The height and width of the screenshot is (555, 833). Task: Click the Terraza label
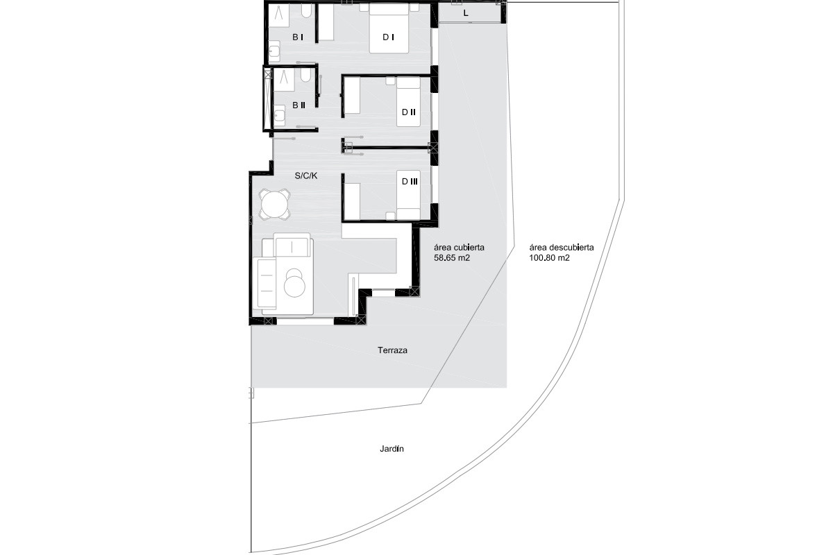coord(392,350)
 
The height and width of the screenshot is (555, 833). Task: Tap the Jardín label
coord(392,449)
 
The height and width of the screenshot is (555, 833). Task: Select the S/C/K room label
coord(305,176)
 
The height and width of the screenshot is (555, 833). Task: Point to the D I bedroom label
coord(388,37)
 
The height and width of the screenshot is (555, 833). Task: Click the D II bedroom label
coord(408,112)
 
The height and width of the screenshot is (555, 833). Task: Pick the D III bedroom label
coord(410,181)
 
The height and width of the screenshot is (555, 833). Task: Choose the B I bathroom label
coord(298,37)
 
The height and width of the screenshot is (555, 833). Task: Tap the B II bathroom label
coord(298,105)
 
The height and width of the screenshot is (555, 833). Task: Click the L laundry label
coord(466,13)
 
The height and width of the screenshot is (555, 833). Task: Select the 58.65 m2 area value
coord(452,258)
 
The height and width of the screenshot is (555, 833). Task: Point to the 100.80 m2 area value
coord(549,258)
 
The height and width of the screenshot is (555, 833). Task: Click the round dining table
coord(275,204)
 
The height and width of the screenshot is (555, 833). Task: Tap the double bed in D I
coord(389,28)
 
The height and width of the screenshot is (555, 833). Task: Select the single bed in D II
coord(408,102)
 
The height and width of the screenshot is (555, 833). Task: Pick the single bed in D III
coord(408,195)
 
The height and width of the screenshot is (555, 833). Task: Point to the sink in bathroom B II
coord(279,115)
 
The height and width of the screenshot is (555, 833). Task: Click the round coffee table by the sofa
coord(294,284)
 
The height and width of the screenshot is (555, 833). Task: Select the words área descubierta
coord(561,248)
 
